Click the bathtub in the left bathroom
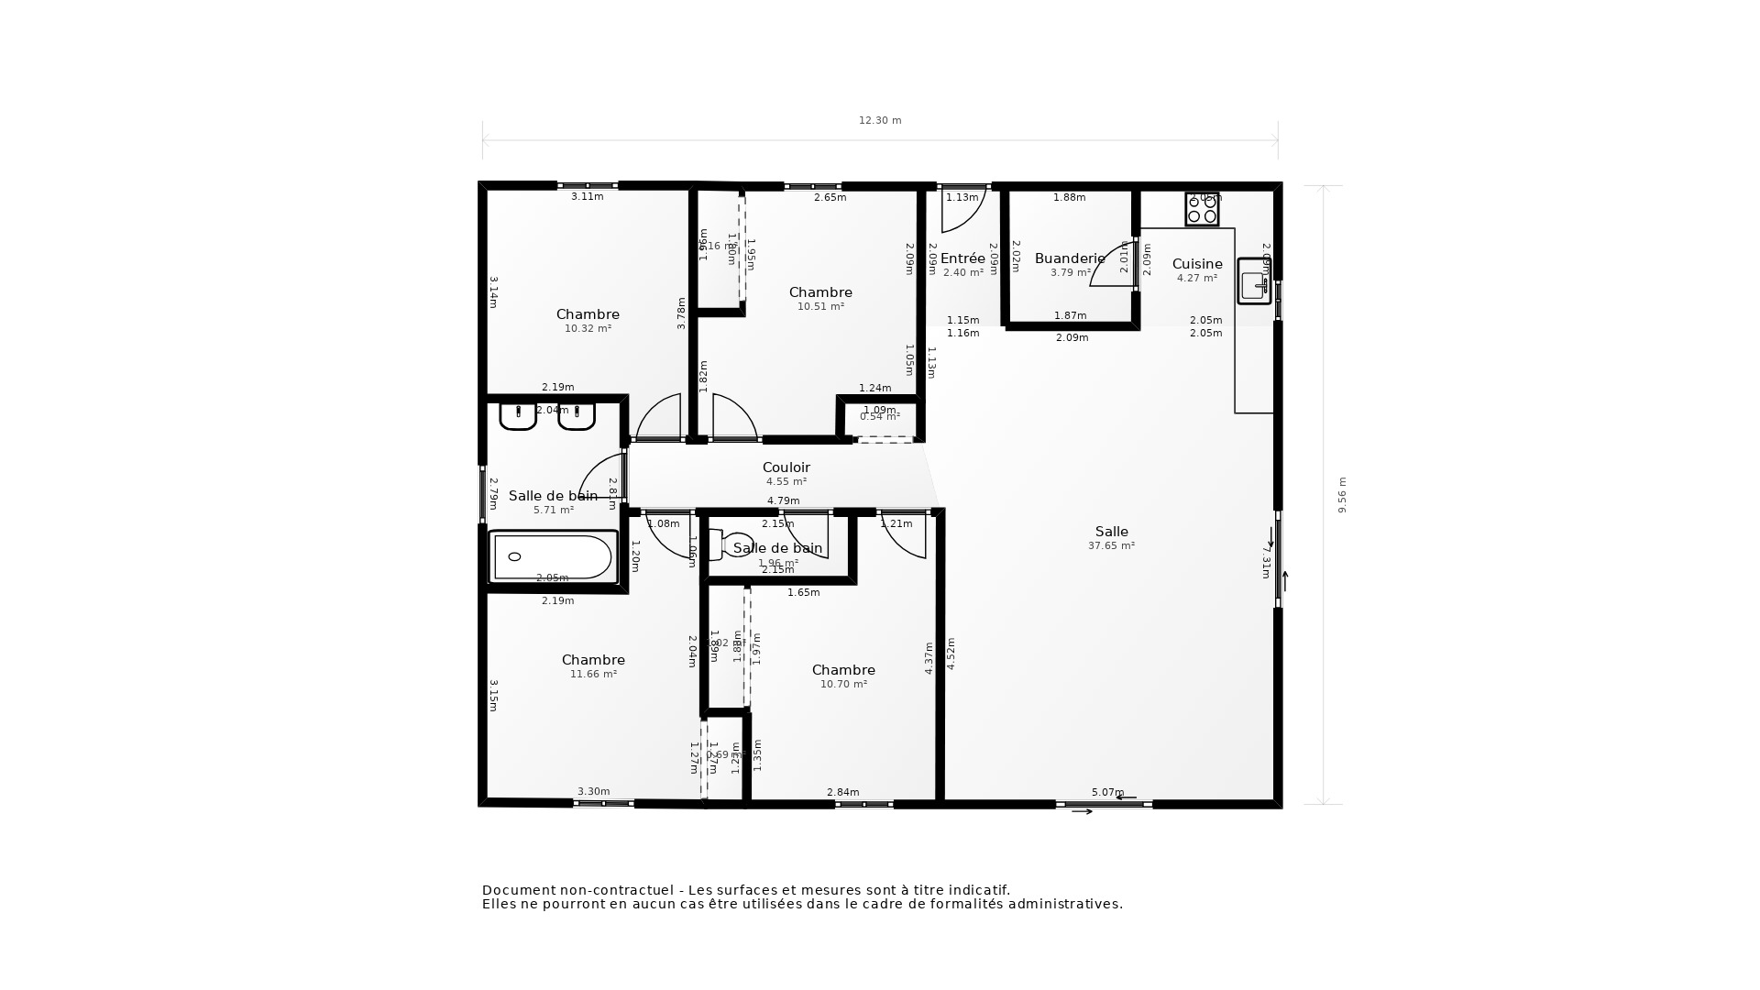[552, 557]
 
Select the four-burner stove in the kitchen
[1202, 209]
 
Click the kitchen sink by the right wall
[1254, 281]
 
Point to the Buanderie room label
[1070, 258]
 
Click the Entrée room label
[962, 258]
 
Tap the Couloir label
[786, 467]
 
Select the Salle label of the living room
[1111, 532]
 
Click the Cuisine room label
[1197, 264]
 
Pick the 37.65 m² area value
[1111, 546]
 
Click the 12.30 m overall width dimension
[880, 121]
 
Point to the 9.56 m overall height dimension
[1342, 495]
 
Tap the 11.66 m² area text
[593, 675]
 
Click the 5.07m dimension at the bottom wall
[1106, 792]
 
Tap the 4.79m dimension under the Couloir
[783, 501]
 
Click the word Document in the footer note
[519, 890]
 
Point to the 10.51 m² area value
[820, 307]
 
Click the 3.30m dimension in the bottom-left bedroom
[593, 792]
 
